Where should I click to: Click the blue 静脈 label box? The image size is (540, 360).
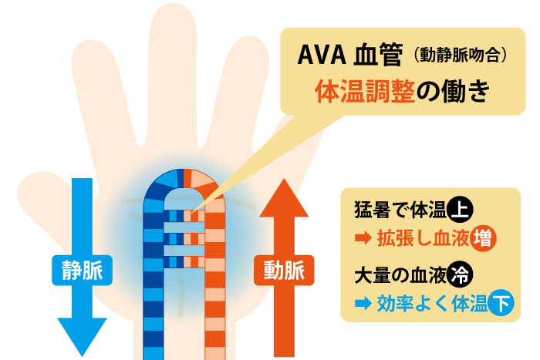[82, 270]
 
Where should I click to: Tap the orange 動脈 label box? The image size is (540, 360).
[284, 270]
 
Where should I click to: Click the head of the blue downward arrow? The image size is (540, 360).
[82, 335]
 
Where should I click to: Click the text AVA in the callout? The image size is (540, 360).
[322, 55]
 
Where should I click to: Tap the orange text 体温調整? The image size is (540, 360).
[365, 92]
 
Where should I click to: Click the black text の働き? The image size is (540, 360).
[454, 92]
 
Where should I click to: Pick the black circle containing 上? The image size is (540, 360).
[460, 209]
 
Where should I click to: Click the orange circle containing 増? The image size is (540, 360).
[483, 238]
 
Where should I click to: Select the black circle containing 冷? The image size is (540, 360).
[460, 274]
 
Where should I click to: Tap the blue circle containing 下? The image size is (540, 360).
[501, 303]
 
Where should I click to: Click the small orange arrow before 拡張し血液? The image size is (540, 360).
[363, 238]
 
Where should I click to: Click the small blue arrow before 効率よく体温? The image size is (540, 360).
[363, 304]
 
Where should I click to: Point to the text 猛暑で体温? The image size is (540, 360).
[400, 209]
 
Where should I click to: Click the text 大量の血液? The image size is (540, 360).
[400, 275]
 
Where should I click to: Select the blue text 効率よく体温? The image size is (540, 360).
[432, 304]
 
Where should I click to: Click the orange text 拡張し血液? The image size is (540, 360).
[424, 238]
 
